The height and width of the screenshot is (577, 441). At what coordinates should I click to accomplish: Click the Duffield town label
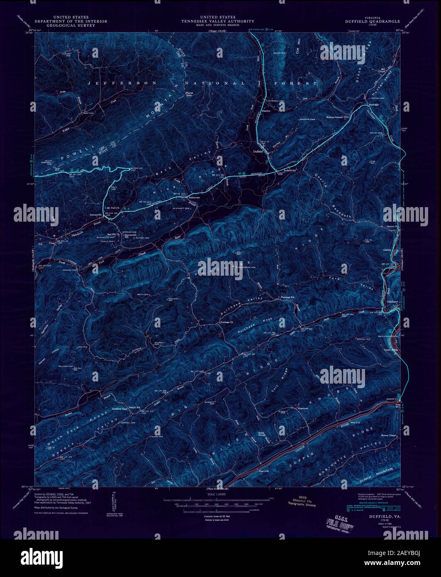tap(258, 152)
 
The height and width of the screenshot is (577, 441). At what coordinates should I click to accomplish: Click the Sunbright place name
tap(374, 105)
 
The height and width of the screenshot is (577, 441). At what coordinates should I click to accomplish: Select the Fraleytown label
tap(194, 198)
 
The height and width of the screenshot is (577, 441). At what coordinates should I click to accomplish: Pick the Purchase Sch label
tap(288, 297)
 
